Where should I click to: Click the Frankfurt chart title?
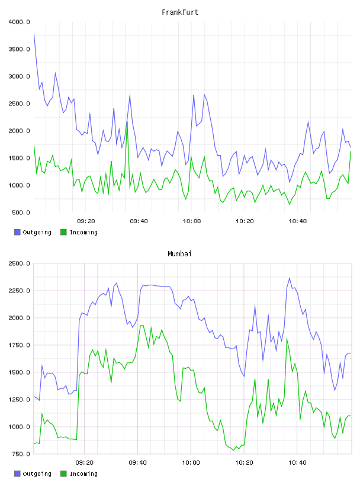[x=180, y=12]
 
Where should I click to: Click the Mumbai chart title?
[x=179, y=254]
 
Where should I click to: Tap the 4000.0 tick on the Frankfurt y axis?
[x=19, y=22]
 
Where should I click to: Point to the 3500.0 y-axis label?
[x=19, y=49]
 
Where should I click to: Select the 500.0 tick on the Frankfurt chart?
[x=21, y=212]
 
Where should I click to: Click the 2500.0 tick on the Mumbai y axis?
[x=19, y=263]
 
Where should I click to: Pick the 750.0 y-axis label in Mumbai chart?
[x=21, y=454]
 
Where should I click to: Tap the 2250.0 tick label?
[x=19, y=291]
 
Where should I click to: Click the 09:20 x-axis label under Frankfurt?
[x=86, y=221]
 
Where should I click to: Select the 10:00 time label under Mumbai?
[x=191, y=463]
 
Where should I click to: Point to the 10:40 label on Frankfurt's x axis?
[x=297, y=221]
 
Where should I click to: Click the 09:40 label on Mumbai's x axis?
[x=137, y=463]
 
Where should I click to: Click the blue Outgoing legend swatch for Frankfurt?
[x=17, y=232]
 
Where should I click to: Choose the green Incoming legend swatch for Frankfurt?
[x=63, y=232]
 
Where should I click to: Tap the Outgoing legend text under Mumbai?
[x=37, y=474]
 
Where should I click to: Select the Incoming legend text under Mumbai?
[x=83, y=474]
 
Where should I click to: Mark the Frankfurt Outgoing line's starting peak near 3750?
[x=34, y=35]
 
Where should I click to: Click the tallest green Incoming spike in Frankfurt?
[x=127, y=121]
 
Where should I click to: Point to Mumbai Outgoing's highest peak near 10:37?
[x=289, y=278]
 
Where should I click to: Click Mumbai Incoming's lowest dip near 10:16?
[x=234, y=450]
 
